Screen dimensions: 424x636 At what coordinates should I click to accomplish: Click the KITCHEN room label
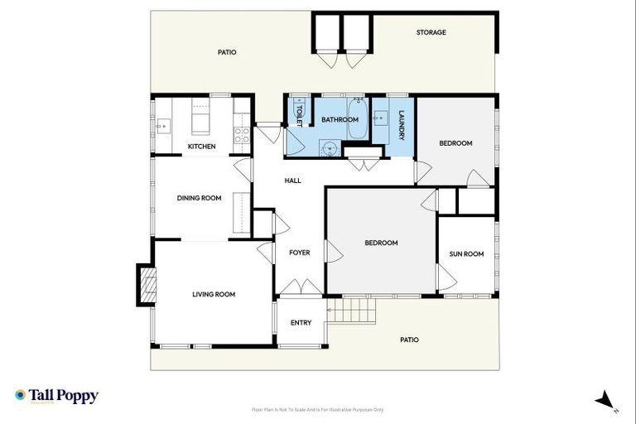click(201, 147)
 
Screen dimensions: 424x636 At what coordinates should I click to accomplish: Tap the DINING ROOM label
click(199, 198)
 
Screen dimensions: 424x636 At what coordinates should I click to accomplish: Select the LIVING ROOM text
click(214, 294)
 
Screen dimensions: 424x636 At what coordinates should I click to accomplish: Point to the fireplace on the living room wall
click(146, 284)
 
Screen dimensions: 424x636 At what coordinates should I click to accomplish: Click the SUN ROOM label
click(466, 254)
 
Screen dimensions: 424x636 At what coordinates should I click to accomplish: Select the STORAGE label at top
click(431, 32)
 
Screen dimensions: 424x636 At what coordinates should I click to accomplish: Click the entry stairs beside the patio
click(352, 311)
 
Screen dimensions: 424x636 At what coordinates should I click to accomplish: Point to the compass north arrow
click(605, 400)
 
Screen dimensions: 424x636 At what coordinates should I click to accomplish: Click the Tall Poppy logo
click(56, 396)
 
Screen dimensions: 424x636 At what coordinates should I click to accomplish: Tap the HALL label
click(292, 181)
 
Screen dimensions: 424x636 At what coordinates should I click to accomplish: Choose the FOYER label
click(299, 253)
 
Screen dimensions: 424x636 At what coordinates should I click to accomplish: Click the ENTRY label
click(301, 323)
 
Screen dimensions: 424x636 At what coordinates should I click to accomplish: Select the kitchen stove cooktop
click(242, 135)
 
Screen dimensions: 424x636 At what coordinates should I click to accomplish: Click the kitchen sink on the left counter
click(163, 126)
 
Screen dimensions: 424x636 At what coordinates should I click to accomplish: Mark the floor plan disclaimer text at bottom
click(317, 409)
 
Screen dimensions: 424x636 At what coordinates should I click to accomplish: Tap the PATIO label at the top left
click(227, 52)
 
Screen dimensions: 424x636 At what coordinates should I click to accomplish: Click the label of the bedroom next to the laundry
click(455, 143)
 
